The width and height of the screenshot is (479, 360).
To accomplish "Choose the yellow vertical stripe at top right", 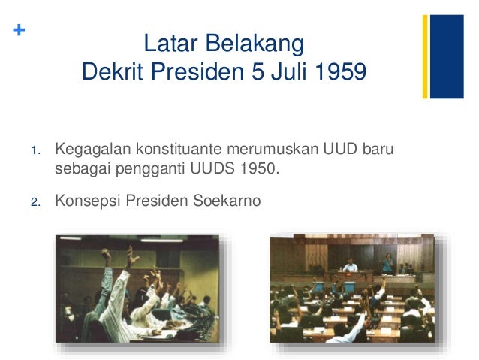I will click(x=425, y=56).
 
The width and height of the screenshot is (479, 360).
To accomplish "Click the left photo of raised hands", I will click(x=138, y=289).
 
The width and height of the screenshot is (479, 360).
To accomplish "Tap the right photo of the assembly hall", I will click(x=353, y=289).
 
